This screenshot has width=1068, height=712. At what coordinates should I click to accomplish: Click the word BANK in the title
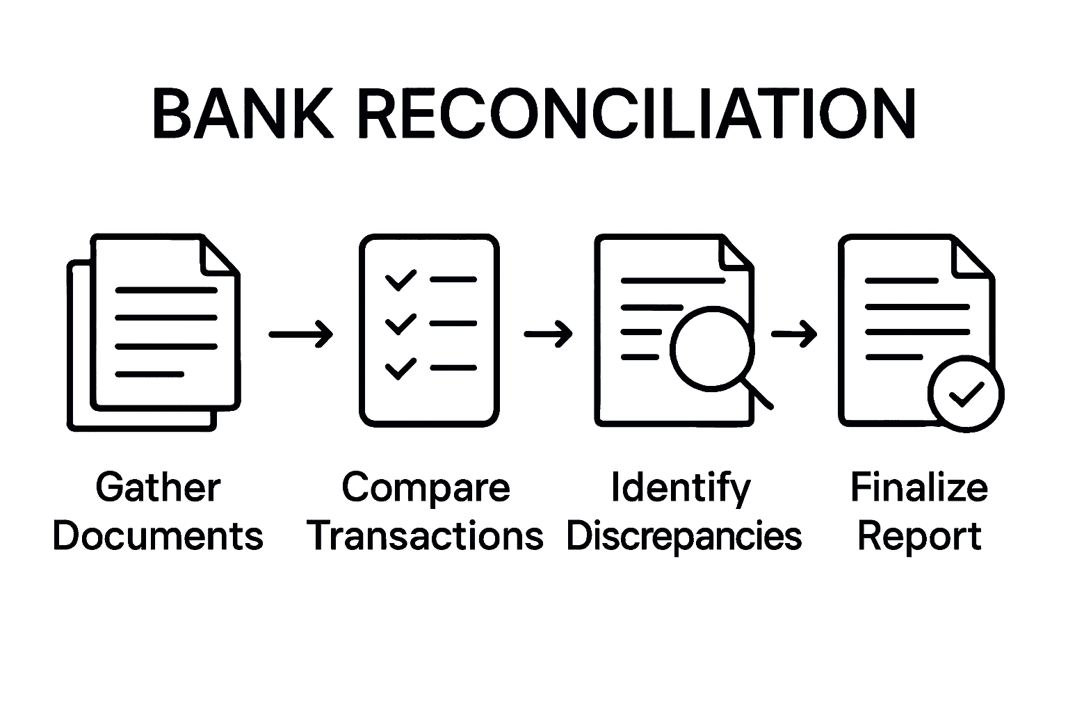(243, 113)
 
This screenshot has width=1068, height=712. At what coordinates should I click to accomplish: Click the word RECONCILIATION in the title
(636, 113)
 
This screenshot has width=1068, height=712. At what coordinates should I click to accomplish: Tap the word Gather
(158, 487)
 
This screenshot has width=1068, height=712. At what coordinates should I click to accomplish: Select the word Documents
(158, 536)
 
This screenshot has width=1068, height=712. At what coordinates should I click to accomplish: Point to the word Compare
(426, 487)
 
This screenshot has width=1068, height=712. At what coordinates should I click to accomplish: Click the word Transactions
(426, 536)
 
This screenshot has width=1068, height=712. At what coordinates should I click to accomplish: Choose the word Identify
(681, 489)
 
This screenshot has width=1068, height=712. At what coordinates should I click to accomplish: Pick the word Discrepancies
(684, 536)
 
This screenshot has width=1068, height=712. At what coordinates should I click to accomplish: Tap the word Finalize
(919, 487)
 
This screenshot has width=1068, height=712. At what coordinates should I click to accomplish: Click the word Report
(919, 537)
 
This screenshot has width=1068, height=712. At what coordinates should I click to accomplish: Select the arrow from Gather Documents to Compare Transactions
(300, 334)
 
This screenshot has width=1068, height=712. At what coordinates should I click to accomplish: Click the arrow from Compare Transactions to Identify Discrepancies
(548, 334)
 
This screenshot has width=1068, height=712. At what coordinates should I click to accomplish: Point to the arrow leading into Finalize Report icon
(794, 334)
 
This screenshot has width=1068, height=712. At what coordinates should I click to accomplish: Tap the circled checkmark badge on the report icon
(966, 394)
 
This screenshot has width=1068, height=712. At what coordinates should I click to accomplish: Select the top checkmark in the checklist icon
(400, 280)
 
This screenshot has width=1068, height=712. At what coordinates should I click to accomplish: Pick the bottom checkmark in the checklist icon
(400, 368)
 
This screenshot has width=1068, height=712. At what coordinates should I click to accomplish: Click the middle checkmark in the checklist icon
(400, 324)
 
